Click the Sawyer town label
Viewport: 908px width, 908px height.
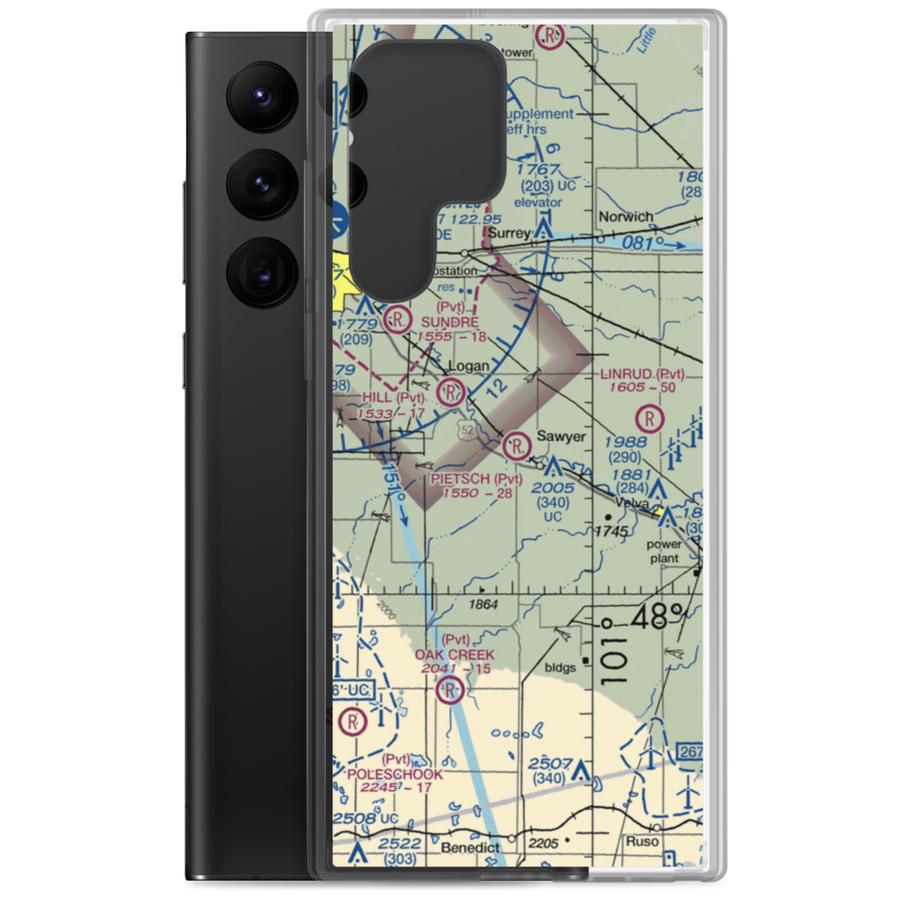pos(560,437)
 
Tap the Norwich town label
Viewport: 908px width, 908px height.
pos(625,217)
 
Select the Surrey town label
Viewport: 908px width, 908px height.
pos(509,233)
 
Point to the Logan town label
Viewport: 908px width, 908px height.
pos(469,367)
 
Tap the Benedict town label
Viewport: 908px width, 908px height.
pos(470,847)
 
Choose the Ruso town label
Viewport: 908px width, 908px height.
pos(643,842)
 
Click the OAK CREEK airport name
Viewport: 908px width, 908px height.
pos(455,655)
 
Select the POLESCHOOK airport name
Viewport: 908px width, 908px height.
pos(395,775)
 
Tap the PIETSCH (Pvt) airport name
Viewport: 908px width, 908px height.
pos(477,479)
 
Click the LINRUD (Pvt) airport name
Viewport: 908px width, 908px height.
pos(642,374)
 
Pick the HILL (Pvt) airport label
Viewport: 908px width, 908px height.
pos(393,398)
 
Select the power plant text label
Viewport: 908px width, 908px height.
pos(664,551)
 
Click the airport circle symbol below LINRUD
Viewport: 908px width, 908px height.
pos(651,419)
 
